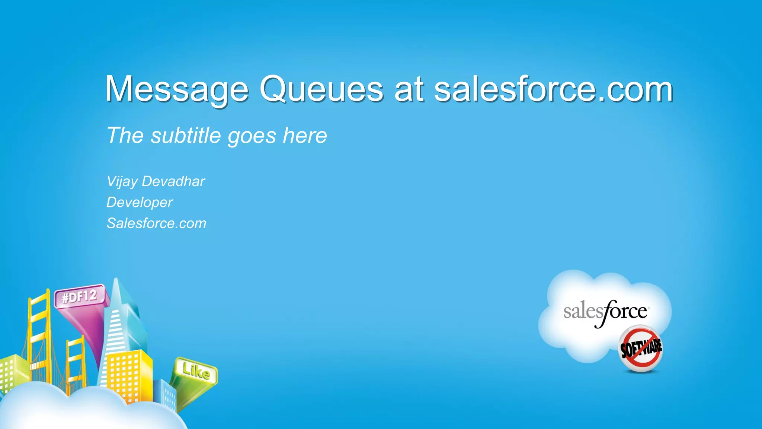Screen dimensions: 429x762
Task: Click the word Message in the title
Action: coord(177,89)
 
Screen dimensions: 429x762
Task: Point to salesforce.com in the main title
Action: coord(553,89)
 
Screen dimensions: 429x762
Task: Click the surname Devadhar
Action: coord(173,181)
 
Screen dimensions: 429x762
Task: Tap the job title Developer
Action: coord(140,203)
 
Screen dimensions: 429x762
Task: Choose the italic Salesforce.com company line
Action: coord(156,223)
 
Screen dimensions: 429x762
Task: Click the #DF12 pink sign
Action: coord(79,297)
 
